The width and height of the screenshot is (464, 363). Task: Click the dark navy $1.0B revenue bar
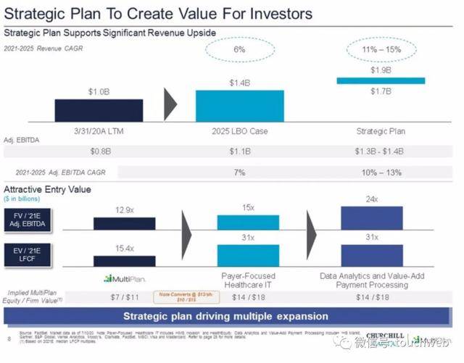click(98, 109)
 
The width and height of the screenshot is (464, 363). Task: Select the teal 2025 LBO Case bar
click(239, 105)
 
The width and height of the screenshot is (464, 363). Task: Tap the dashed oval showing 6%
click(239, 49)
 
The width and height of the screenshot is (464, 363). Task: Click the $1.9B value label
click(381, 71)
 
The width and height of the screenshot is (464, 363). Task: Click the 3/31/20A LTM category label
click(99, 131)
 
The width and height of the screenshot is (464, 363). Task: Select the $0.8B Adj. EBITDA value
click(99, 151)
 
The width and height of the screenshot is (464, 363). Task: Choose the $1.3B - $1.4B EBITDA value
click(381, 151)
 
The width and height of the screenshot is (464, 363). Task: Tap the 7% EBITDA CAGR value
click(239, 174)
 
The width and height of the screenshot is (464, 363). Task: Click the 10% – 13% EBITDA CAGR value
click(381, 174)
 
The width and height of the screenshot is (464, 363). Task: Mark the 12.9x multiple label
click(124, 209)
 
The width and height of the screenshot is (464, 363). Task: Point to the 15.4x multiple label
click(124, 249)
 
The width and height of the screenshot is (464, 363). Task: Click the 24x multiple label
click(371, 199)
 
